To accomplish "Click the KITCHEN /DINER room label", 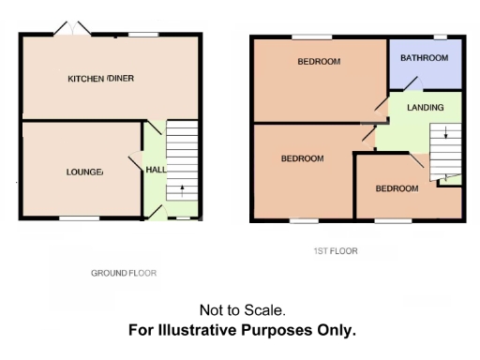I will click(101, 79).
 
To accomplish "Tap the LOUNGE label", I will click(83, 172).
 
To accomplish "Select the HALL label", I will click(155, 170).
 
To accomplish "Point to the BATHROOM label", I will click(425, 58).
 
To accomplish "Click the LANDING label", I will click(425, 108).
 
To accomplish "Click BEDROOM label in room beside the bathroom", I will click(319, 62).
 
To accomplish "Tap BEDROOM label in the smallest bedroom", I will click(397, 188).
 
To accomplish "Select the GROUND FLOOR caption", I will click(123, 274).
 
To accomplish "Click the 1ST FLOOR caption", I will click(335, 251).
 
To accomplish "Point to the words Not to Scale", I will click(242, 309).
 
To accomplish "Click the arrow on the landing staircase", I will click(445, 134).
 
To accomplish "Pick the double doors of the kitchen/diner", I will click(71, 31).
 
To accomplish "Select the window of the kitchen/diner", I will click(143, 35).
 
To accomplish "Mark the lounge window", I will click(80, 218).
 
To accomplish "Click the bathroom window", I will click(439, 37).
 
